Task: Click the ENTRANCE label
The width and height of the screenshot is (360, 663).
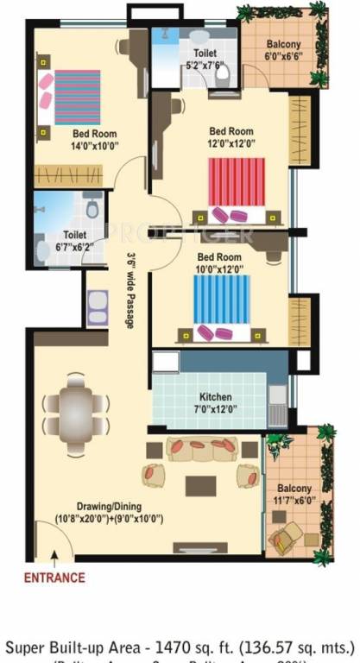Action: tap(54, 578)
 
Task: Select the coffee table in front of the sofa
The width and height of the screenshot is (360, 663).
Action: tap(200, 484)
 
